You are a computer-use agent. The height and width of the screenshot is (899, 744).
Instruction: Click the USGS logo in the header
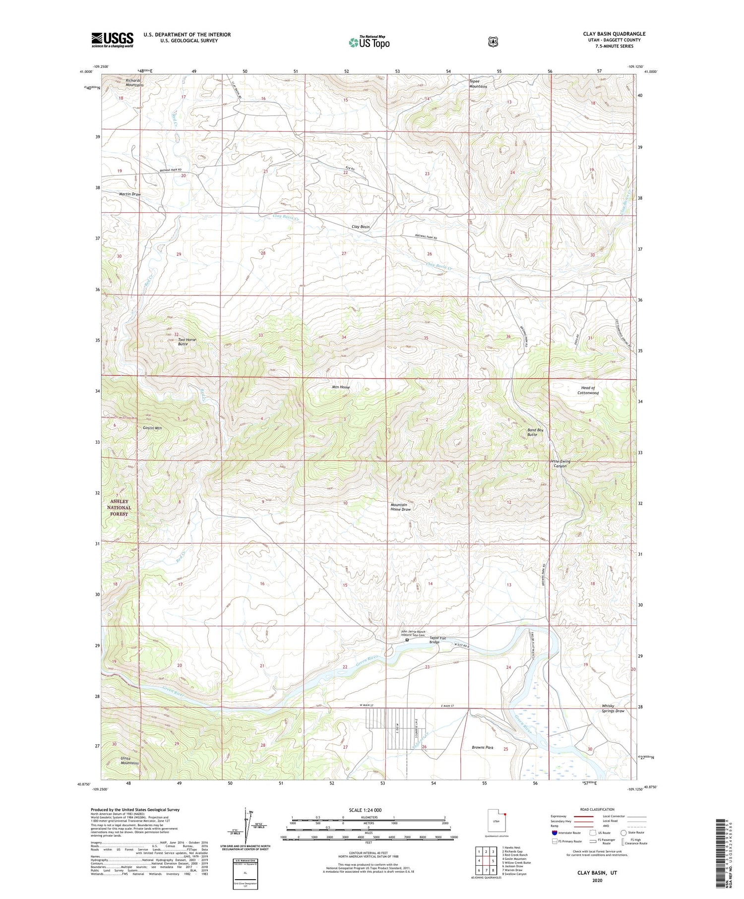point(112,39)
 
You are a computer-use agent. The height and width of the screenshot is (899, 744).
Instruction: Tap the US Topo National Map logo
point(369,42)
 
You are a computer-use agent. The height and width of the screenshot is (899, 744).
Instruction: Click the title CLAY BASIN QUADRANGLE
point(614,34)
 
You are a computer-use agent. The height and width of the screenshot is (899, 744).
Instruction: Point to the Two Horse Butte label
point(187,342)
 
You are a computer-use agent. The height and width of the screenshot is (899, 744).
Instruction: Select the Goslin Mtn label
point(152,427)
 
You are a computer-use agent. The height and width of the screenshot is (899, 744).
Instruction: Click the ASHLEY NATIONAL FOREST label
point(119,508)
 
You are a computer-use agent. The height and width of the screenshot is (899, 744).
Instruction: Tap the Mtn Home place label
point(341,387)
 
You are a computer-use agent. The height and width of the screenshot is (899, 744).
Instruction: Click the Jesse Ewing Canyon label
point(560,464)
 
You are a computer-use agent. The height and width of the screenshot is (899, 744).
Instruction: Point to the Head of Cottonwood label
point(588,390)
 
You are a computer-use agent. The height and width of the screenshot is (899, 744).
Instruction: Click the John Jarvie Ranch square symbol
point(407,640)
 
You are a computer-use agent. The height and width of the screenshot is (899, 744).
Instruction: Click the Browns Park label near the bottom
point(482,747)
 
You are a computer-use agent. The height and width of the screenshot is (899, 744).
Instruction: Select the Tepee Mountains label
point(478,84)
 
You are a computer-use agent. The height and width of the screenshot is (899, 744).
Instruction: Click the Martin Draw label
point(129,194)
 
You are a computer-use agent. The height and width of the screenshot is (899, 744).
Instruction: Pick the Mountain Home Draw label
point(400,507)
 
